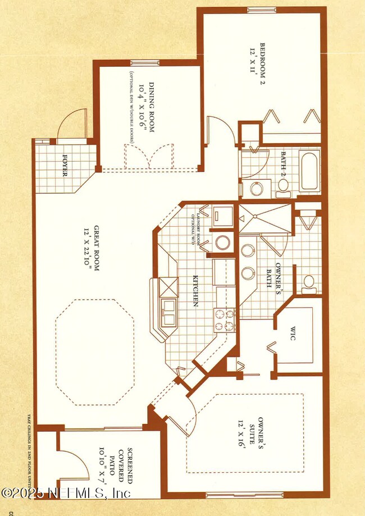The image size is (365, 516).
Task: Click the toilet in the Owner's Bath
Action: coord(307,282)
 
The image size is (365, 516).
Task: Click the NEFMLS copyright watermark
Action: coord(66,493)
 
